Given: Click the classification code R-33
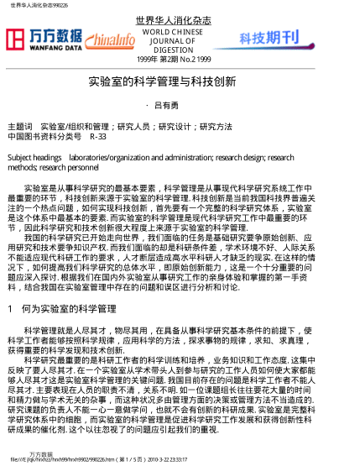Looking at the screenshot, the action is tap(98, 134).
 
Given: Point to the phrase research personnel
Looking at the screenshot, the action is tap(63, 166).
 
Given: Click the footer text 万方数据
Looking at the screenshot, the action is tap(41, 453).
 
